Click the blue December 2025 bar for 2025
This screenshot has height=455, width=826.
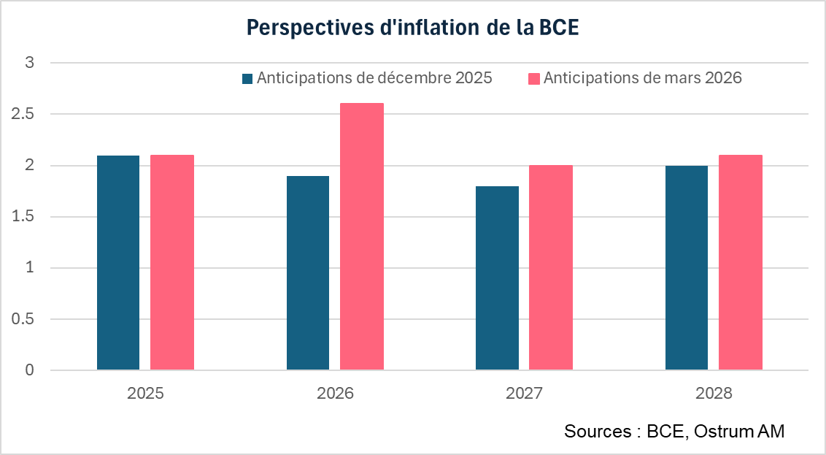[118, 263]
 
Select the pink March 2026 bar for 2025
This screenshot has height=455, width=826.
[172, 263]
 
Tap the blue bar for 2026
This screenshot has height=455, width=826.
[307, 273]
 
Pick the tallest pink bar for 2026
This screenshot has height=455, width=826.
[362, 237]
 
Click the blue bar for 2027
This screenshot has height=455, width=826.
[497, 278]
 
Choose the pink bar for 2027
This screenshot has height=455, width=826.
[551, 267]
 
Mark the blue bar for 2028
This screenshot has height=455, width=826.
[687, 268]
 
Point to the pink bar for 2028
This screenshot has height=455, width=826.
[741, 263]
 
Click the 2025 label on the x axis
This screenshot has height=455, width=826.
[145, 393]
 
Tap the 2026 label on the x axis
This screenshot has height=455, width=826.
[335, 393]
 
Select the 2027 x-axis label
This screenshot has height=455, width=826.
[524, 393]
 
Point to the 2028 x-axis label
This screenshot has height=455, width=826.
[714, 393]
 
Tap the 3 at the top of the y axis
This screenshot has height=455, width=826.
[30, 64]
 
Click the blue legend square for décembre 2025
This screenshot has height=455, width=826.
[247, 79]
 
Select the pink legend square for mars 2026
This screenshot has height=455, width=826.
[534, 79]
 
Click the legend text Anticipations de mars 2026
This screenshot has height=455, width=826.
[642, 78]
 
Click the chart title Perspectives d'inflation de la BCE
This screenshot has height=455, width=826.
[412, 27]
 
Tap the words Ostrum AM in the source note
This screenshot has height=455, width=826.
[739, 432]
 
